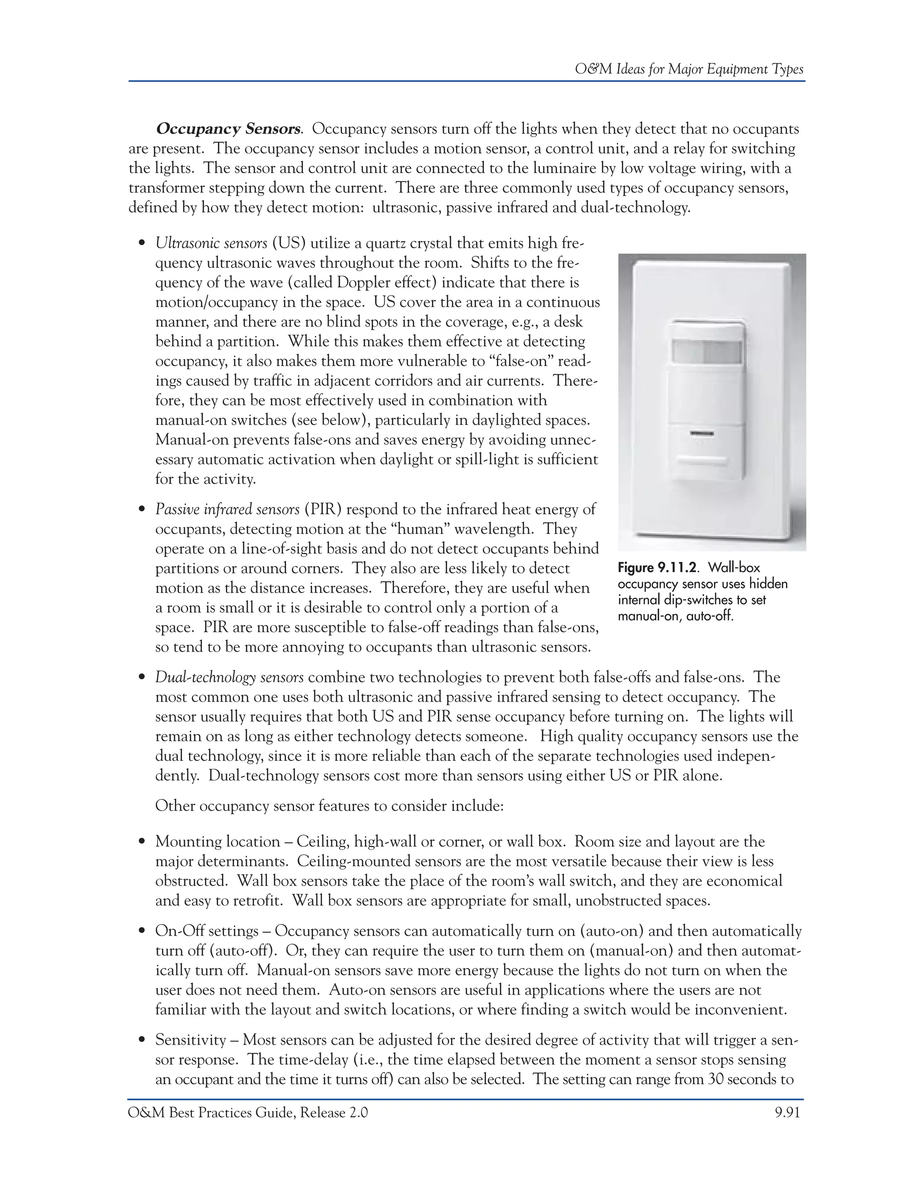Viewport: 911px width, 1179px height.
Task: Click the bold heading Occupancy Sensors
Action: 228,129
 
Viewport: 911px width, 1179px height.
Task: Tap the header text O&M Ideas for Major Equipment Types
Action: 689,69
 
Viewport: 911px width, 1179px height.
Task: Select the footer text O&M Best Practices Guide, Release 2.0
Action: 248,1113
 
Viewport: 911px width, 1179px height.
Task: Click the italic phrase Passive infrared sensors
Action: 227,509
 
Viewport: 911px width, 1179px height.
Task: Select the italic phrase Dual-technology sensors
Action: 230,678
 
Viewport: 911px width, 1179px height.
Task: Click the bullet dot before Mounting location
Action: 142,842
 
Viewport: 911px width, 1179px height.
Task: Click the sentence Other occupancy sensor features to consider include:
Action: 329,807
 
